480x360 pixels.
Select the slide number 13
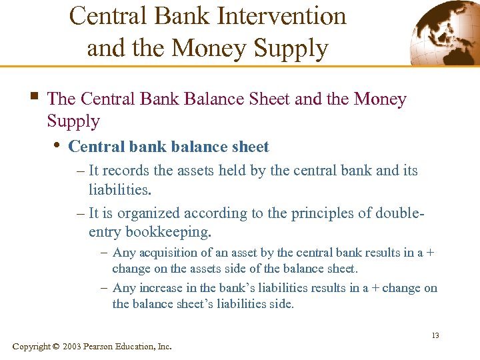click(x=435, y=335)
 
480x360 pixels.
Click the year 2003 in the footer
click(x=73, y=347)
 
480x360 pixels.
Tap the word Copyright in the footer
click(x=31, y=347)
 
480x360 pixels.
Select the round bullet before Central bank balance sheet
click(x=57, y=146)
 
